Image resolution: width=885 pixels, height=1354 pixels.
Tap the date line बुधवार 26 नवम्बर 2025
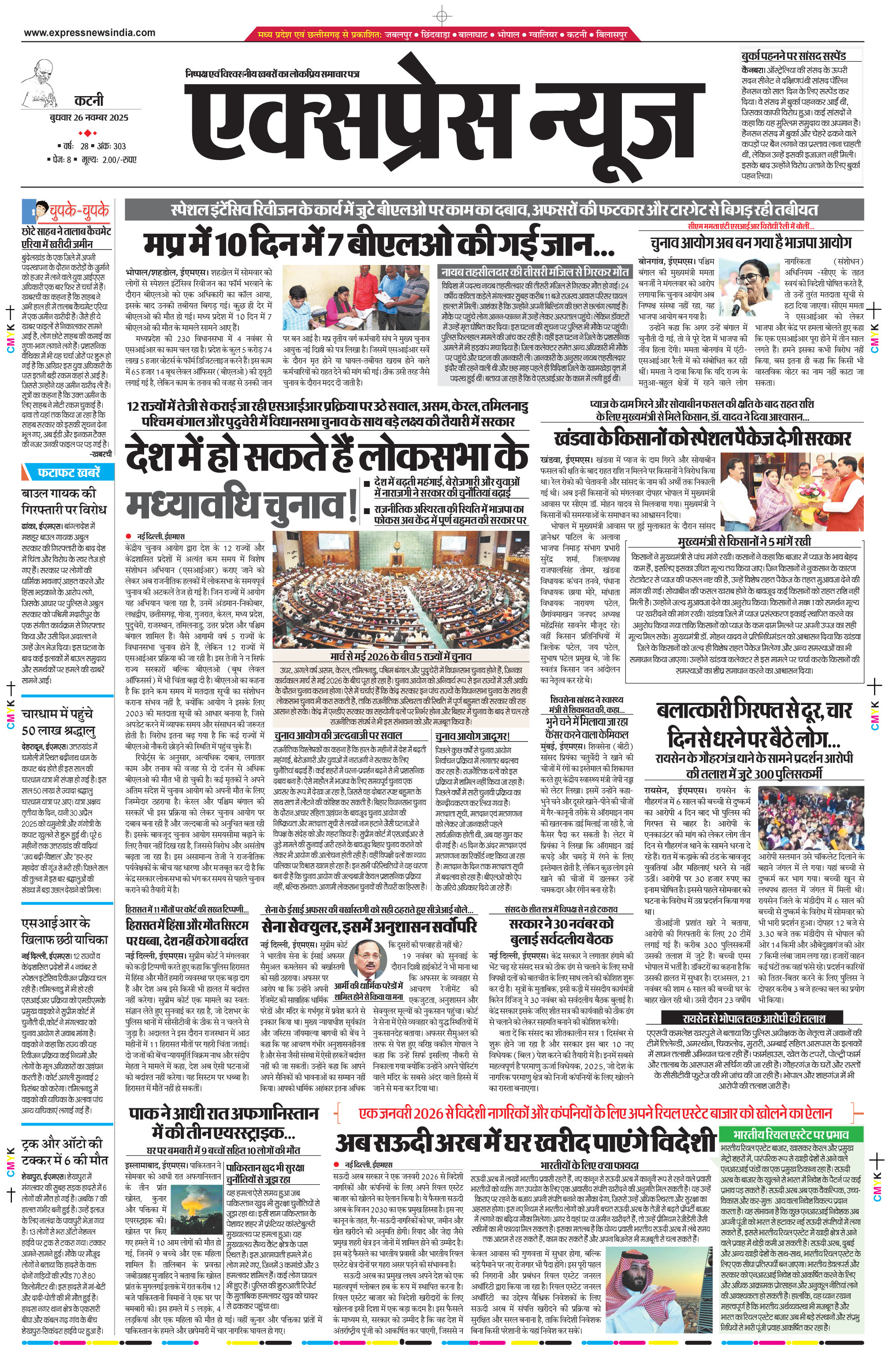point(88,118)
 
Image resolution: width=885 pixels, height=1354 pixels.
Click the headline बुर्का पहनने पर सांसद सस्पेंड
point(793,56)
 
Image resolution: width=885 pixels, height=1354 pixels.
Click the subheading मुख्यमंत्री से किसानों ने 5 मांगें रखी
point(744,541)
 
